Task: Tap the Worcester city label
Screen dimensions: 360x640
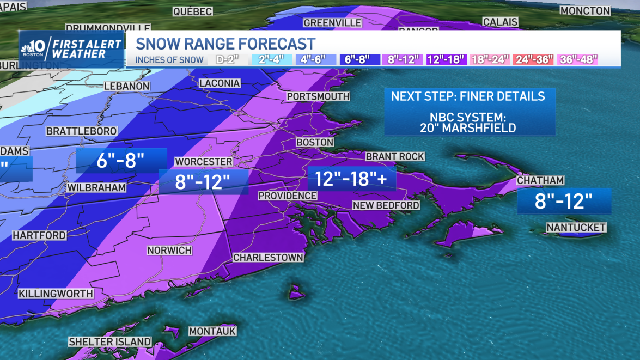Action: coord(203,162)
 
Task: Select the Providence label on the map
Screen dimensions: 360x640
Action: coord(287,196)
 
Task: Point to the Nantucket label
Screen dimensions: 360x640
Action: coord(576,227)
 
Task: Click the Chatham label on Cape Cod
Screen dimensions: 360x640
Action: coord(540,180)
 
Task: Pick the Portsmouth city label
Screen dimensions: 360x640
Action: coord(318,96)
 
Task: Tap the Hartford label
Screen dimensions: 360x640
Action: coord(39,236)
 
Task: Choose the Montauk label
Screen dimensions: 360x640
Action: coord(212,331)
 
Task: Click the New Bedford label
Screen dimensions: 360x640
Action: coord(386,205)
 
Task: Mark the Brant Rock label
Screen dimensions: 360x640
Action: coord(395,157)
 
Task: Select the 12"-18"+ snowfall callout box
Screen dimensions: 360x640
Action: coord(351,179)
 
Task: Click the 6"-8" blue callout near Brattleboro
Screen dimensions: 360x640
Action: coord(121,161)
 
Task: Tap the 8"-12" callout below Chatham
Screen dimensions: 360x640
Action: coord(563,201)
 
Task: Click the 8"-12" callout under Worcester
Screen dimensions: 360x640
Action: coord(203,182)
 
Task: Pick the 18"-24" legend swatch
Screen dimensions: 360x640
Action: coord(490,60)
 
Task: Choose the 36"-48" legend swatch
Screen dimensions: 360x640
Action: coord(577,60)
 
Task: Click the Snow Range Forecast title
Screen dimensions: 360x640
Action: coord(225,44)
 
